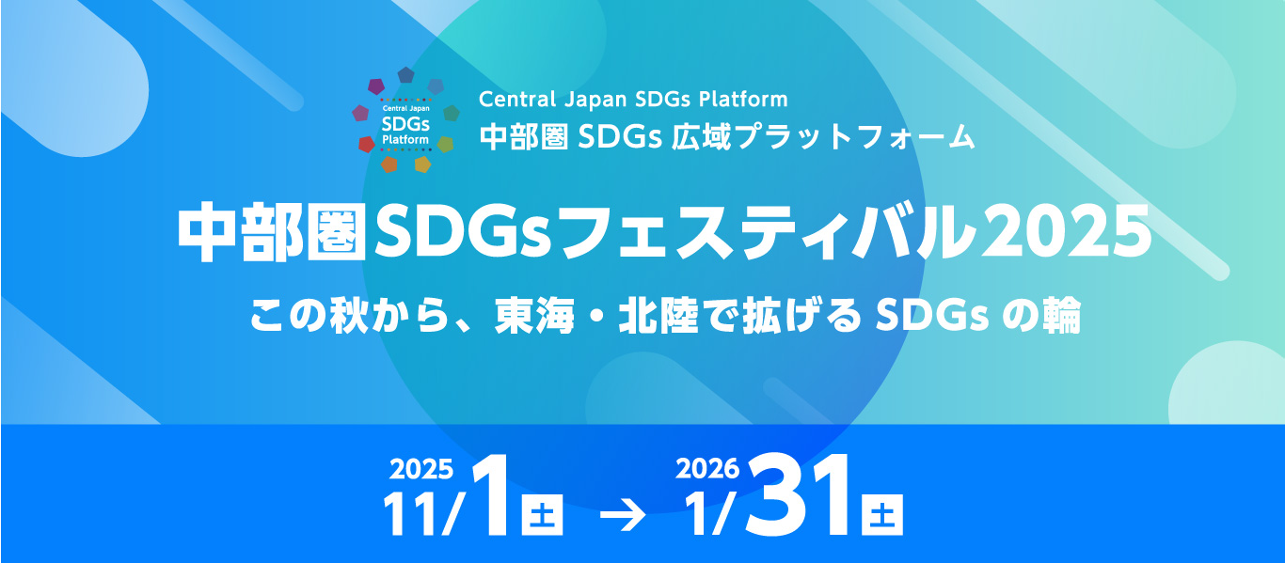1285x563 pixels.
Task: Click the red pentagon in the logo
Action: pos(367,144)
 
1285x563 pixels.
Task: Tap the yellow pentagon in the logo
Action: pos(422,164)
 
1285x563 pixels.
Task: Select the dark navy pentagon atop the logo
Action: pos(405,74)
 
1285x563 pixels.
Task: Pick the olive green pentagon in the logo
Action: pos(445,144)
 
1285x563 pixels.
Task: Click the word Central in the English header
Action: pos(514,98)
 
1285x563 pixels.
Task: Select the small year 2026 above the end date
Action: pos(708,467)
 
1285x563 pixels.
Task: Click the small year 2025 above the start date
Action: pos(421,467)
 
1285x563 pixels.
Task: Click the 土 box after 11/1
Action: pos(543,516)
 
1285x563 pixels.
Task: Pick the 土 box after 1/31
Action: pos(882,516)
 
